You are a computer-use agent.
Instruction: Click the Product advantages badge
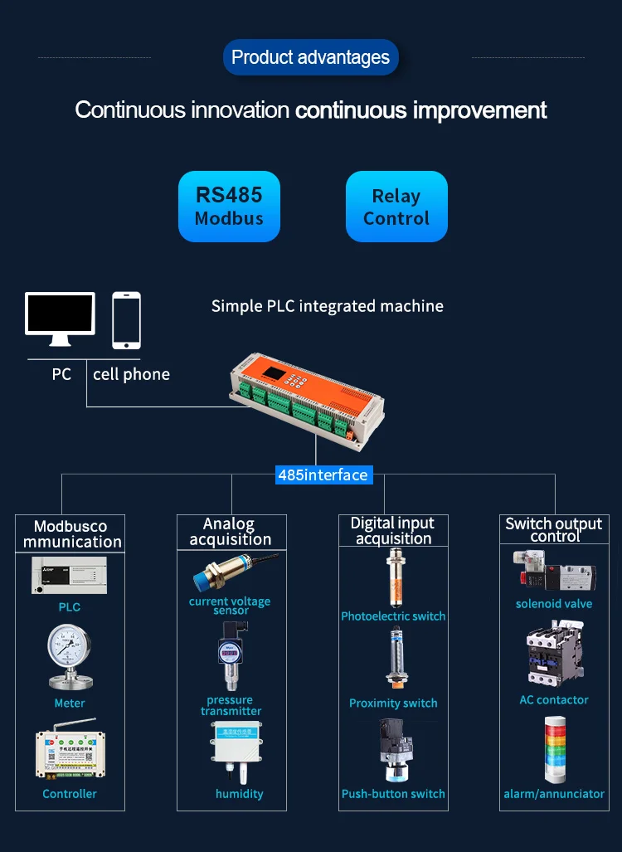pos(311,57)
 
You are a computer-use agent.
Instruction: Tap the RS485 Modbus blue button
pos(229,207)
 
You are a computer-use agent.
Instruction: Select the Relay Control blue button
pos(396,207)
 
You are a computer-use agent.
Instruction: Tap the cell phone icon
pos(126,320)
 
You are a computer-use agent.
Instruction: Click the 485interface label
pos(323,475)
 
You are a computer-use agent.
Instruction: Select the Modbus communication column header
pos(70,533)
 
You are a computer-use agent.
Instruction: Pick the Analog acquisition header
pos(230,531)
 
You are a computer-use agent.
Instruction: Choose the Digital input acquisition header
pos(392,530)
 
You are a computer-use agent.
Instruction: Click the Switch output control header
pos(554,529)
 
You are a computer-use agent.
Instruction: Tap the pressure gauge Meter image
pos(69,657)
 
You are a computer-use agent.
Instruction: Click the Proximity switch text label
pos(393,704)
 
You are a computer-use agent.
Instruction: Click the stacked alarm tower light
pos(554,752)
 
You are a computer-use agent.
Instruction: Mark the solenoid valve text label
pos(554,604)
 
